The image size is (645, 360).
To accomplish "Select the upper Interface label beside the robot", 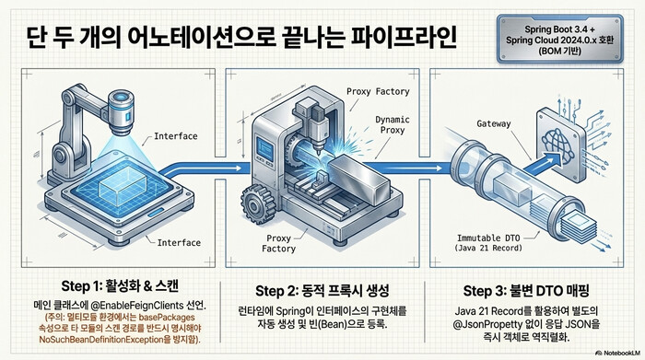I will click(x=176, y=136).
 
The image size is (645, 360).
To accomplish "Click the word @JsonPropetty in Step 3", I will click(x=480, y=324).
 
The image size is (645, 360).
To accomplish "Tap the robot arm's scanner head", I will click(x=118, y=110).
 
